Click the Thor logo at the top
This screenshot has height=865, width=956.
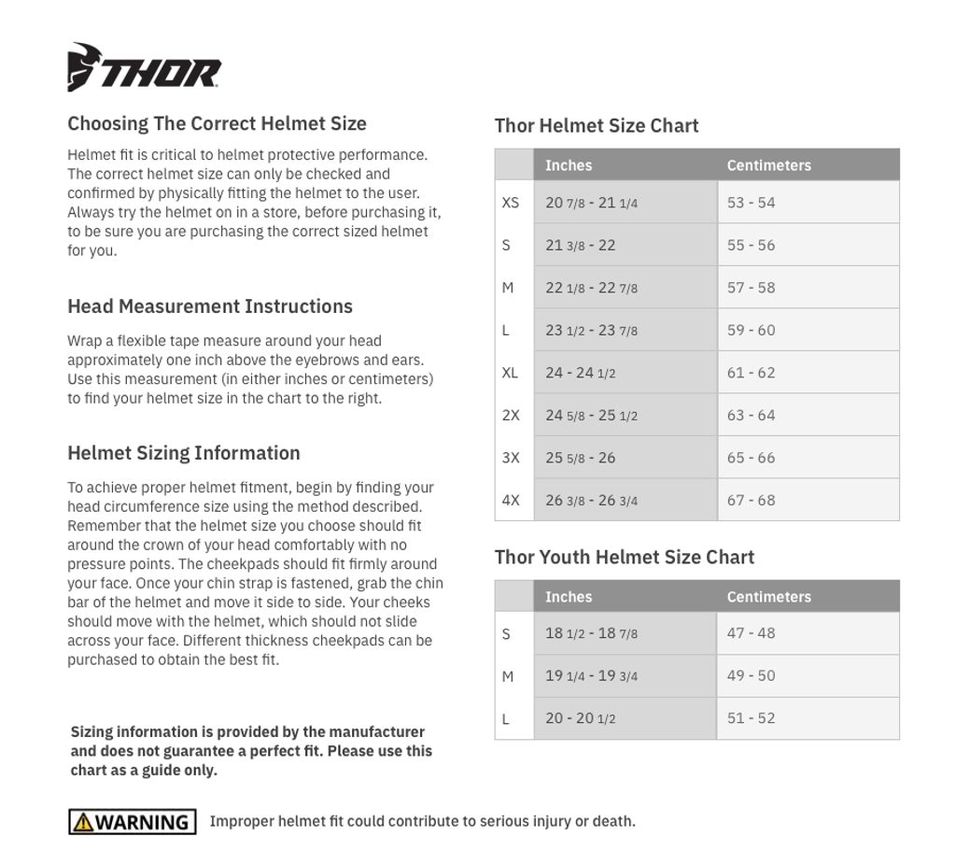[144, 67]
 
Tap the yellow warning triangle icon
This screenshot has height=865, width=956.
[83, 822]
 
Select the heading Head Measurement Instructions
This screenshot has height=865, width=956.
[210, 306]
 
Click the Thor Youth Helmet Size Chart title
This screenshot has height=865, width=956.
[624, 558]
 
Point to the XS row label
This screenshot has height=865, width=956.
[510, 203]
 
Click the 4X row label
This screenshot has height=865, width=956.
[511, 501]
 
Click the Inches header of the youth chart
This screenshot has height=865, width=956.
[569, 597]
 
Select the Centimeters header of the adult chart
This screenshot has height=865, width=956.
[768, 165]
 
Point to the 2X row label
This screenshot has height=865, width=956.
[511, 416]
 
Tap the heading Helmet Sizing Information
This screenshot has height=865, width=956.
[184, 453]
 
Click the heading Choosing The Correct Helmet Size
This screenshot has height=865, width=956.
[217, 123]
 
